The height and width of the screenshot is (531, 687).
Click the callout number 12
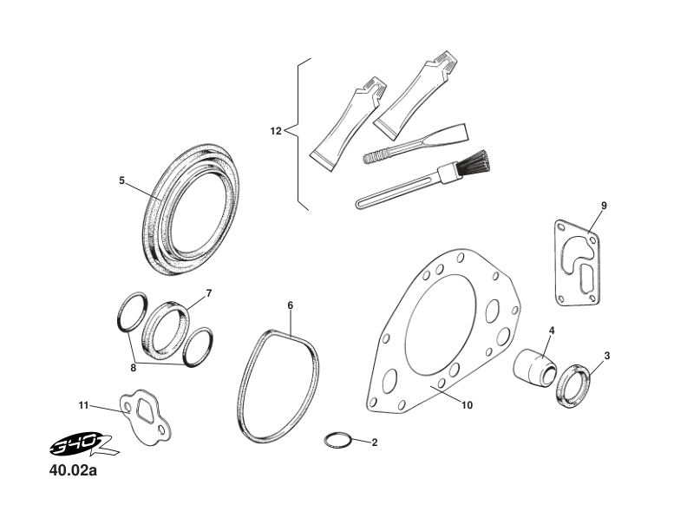tap(276, 131)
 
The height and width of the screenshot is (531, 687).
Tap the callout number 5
tap(122, 180)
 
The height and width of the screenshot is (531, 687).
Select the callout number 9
tap(603, 206)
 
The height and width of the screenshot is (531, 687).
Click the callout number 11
tap(83, 404)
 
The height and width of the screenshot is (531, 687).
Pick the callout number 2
tap(374, 442)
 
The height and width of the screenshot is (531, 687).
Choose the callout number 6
tap(290, 305)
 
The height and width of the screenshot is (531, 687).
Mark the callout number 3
tap(606, 356)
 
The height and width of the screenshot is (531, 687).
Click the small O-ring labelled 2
tap(337, 439)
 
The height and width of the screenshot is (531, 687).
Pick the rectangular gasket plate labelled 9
tap(574, 265)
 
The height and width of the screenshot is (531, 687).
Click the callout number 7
tap(208, 292)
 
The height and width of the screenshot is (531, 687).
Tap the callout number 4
tap(552, 331)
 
